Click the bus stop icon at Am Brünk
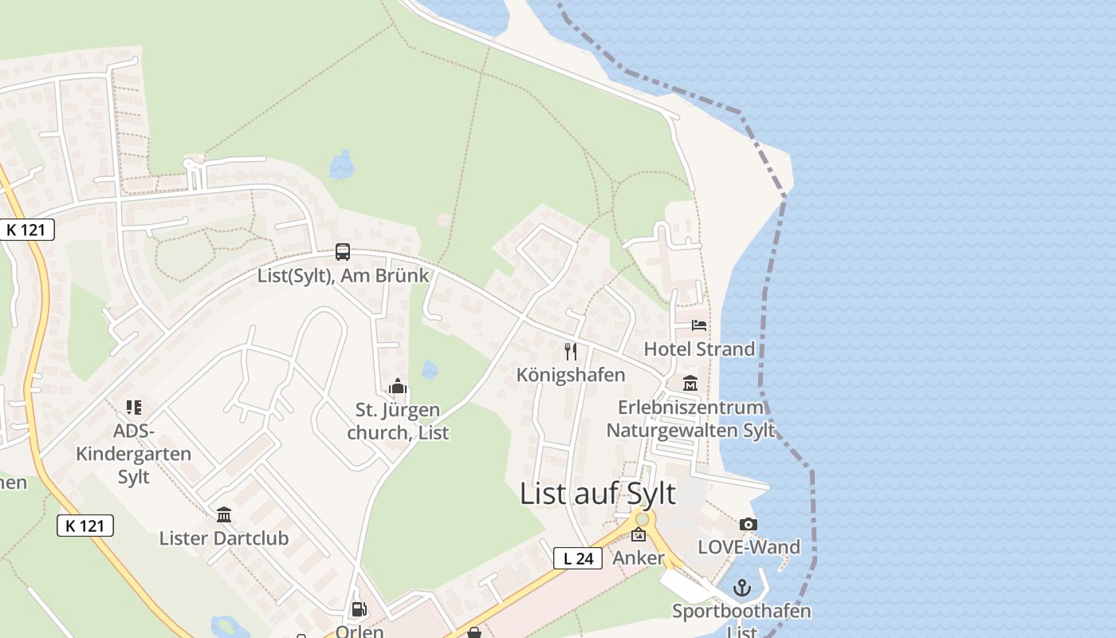343,252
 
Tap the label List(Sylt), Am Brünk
343,276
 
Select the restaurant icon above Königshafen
571,352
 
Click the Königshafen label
571,375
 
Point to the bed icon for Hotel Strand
699,325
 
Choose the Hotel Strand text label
699,349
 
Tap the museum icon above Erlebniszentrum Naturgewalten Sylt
690,384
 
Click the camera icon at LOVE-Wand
748,524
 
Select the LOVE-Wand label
749,547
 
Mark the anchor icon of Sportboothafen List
742,588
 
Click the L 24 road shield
578,558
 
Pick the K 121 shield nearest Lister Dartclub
85,526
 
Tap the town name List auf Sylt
598,494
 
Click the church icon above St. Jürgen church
397,388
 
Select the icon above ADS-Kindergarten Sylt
133,408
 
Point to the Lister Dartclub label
224,538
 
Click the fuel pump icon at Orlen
360,610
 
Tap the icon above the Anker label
639,534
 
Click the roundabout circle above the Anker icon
642,519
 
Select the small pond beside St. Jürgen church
430,370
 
